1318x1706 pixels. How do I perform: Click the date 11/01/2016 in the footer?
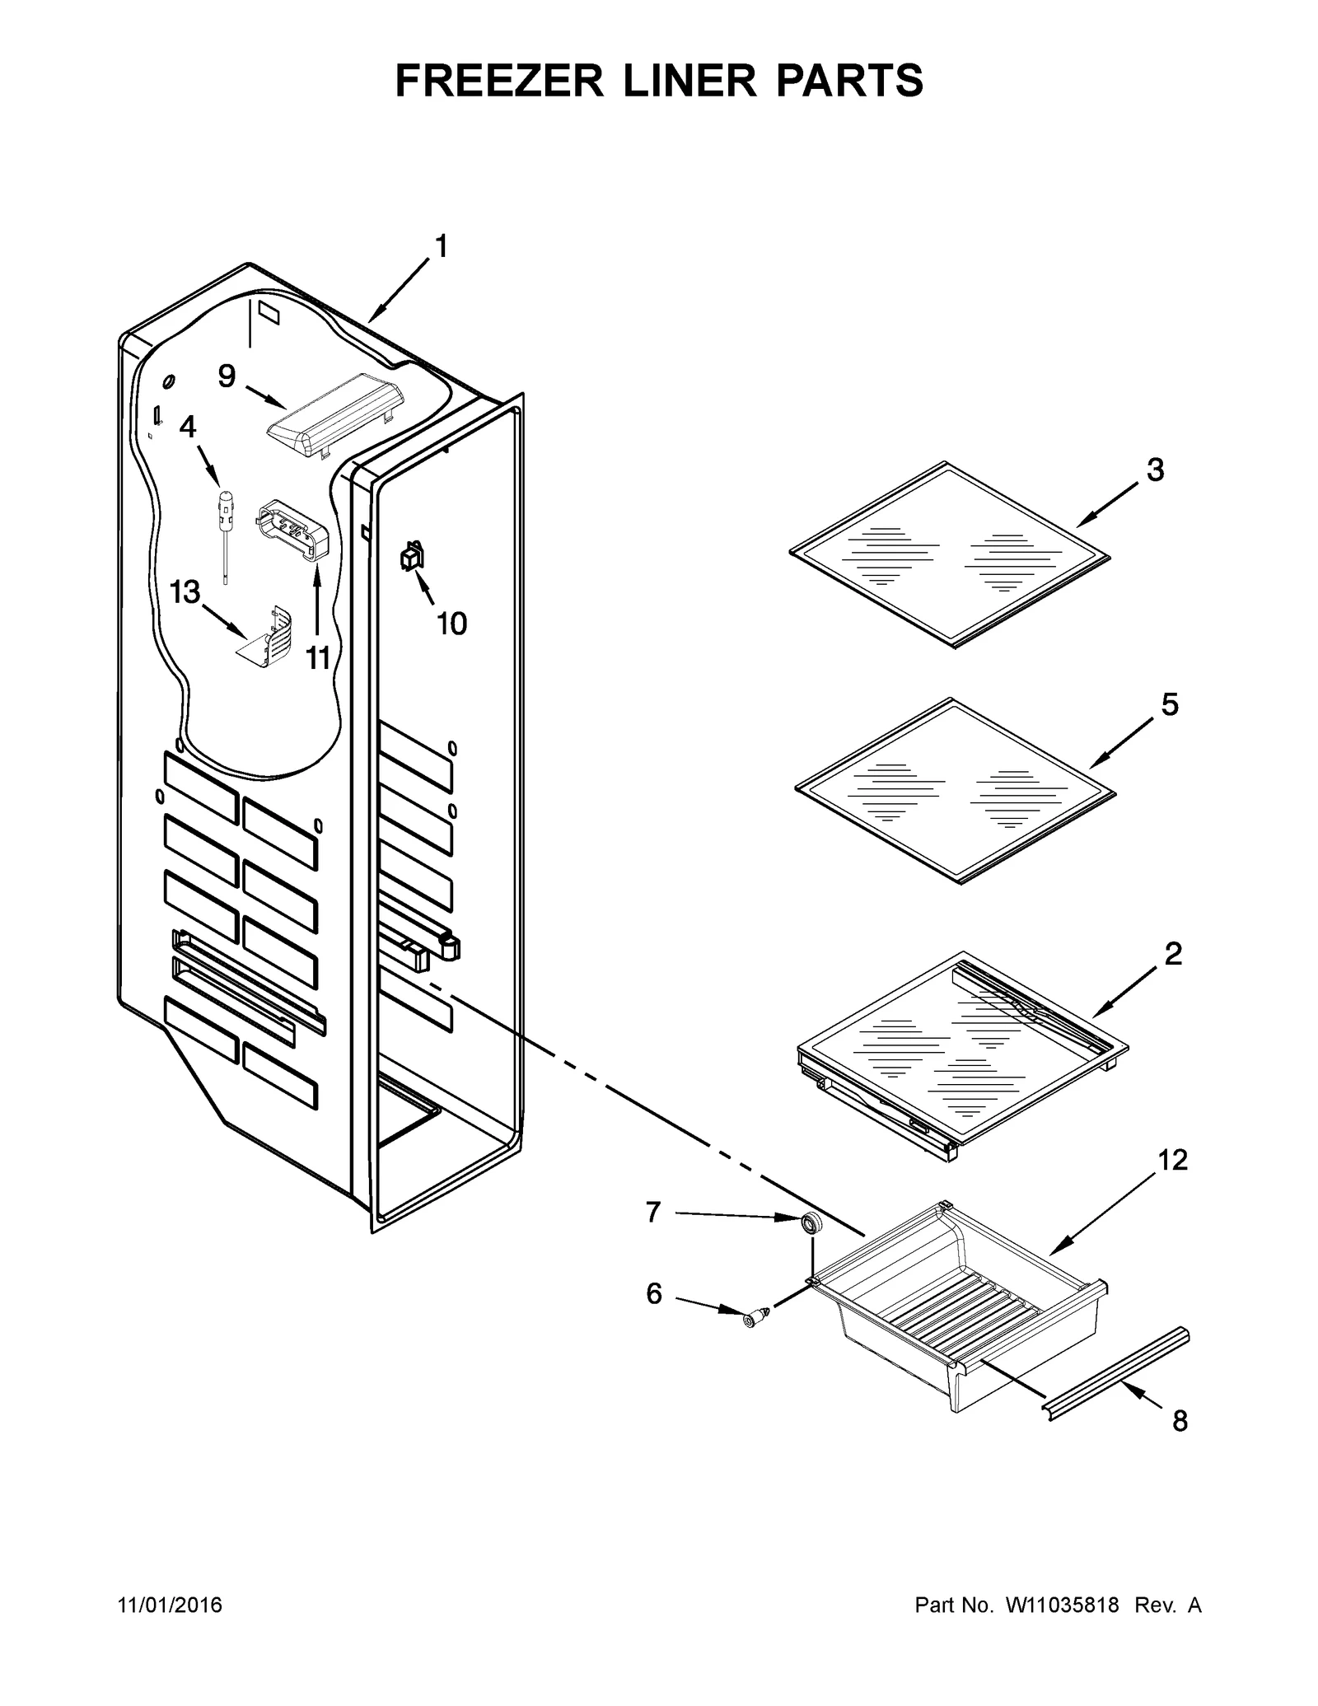(x=171, y=1606)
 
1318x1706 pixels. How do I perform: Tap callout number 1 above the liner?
(x=441, y=246)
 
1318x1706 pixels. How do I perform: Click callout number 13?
(x=185, y=591)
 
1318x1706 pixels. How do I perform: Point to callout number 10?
(x=451, y=624)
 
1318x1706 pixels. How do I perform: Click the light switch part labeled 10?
(x=412, y=558)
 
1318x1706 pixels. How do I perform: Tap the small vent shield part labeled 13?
(x=268, y=640)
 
